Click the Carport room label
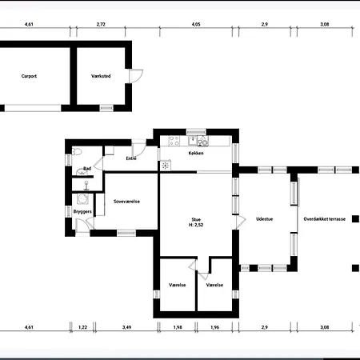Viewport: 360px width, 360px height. point(29,76)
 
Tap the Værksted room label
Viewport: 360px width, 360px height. point(101,76)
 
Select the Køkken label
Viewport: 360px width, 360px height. point(196,153)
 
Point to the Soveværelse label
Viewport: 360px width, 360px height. point(126,202)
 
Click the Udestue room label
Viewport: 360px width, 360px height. point(265,219)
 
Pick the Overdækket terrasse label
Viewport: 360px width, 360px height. point(325,219)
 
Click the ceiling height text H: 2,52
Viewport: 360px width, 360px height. point(196,225)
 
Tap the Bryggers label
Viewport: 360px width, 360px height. point(82,211)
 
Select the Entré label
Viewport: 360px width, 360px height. point(131,158)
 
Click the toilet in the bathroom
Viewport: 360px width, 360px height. point(77,152)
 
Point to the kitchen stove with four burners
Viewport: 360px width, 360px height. point(174,141)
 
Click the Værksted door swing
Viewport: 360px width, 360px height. point(136,76)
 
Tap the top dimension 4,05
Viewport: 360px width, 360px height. point(196,24)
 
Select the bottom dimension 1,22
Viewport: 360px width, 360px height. point(82,327)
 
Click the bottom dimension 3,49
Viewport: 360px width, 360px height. point(126,327)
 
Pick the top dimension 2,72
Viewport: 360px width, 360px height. point(101,24)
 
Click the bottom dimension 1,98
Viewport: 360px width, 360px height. point(178,327)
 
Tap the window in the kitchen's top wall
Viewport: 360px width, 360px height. point(196,132)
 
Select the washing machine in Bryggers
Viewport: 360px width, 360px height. point(82,199)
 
